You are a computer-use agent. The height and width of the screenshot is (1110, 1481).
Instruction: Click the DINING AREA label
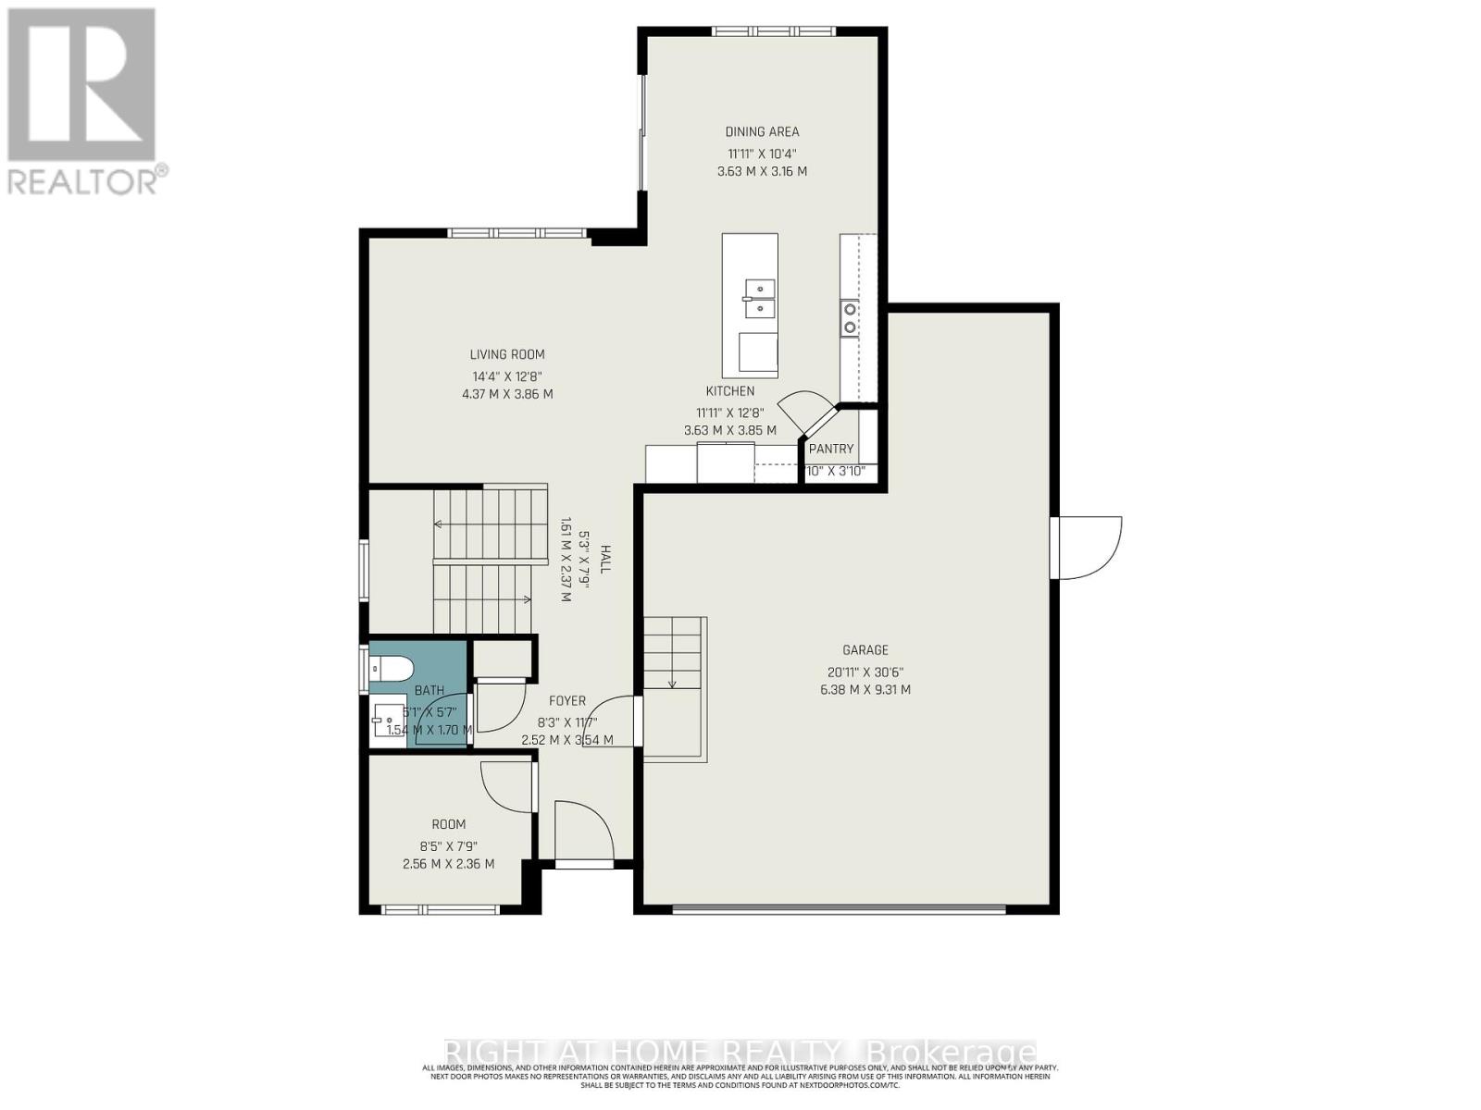(x=762, y=131)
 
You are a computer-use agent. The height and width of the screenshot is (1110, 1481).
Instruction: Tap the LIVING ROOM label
(x=507, y=354)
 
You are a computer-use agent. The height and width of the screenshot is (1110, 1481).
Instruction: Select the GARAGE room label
(x=865, y=650)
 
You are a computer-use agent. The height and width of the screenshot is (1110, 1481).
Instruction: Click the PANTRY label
(x=830, y=449)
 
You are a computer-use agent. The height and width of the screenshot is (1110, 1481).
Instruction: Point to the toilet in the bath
(x=392, y=667)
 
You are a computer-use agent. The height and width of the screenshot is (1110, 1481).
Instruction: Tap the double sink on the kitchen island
(x=759, y=298)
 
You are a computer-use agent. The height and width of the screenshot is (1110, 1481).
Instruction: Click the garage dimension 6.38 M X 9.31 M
(x=865, y=690)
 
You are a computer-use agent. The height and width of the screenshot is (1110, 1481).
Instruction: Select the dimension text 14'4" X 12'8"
(x=507, y=376)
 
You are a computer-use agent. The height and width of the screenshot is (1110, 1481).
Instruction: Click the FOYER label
(x=566, y=701)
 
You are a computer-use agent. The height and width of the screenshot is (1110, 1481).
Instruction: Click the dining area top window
(x=773, y=31)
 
